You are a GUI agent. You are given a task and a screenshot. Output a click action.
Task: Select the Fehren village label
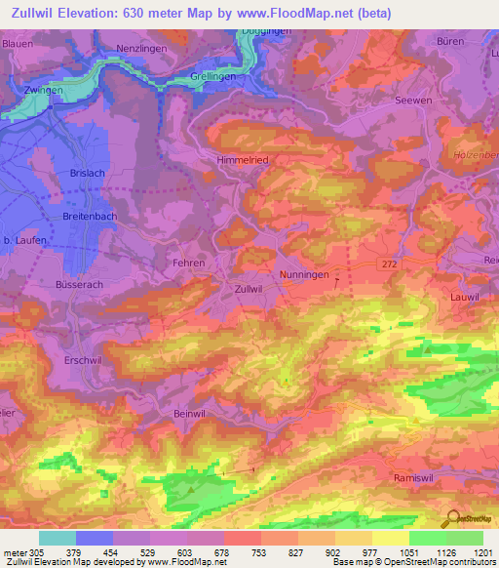tap(189, 264)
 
